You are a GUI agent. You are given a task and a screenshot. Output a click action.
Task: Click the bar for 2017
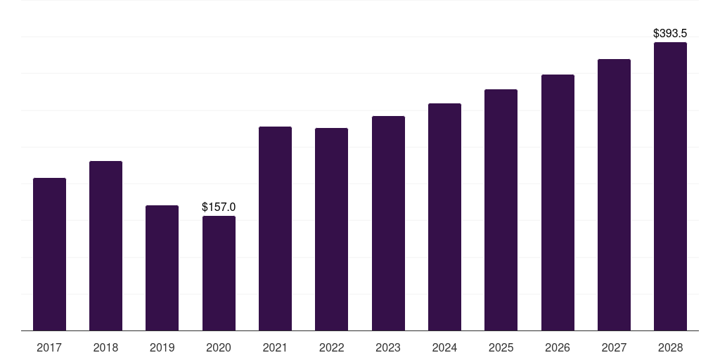click(x=49, y=254)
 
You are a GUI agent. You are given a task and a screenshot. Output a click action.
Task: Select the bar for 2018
click(x=105, y=245)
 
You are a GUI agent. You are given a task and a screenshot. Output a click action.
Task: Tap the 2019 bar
click(x=162, y=268)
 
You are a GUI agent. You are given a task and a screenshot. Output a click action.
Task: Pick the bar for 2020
click(x=219, y=273)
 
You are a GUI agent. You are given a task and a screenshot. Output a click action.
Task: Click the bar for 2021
click(x=275, y=229)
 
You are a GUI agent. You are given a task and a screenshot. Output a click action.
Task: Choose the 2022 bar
click(x=331, y=229)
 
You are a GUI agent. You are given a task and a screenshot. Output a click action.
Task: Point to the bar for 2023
click(x=388, y=223)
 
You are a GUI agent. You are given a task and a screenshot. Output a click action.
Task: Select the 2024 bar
click(x=444, y=217)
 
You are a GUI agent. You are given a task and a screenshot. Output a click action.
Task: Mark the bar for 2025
click(x=501, y=210)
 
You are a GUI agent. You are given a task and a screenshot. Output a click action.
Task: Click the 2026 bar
click(x=558, y=202)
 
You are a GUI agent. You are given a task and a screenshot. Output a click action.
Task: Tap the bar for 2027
click(x=614, y=195)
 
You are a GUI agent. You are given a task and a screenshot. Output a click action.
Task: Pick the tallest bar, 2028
click(x=670, y=186)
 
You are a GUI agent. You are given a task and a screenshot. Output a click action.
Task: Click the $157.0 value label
click(x=219, y=207)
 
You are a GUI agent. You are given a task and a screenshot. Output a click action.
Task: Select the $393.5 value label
click(x=670, y=33)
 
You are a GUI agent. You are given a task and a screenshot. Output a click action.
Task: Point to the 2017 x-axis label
click(x=49, y=347)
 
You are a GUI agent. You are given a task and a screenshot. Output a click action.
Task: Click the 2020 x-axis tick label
click(x=219, y=347)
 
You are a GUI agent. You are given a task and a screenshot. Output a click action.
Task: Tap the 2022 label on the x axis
click(x=331, y=347)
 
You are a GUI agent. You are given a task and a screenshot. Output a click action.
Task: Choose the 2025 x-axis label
click(x=501, y=347)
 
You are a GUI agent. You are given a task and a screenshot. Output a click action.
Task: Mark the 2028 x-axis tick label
click(x=670, y=347)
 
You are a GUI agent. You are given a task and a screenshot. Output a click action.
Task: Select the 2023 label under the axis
click(x=388, y=347)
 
